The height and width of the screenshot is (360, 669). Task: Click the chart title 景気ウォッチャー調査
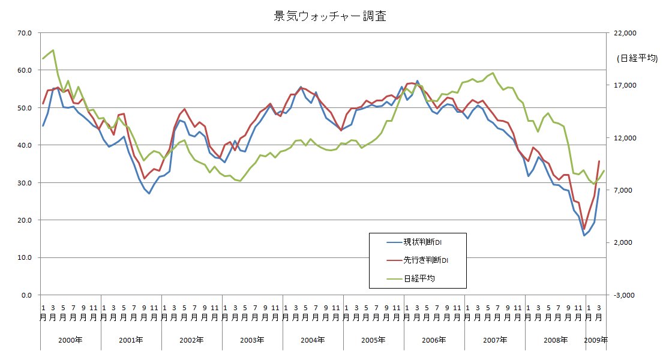[329, 16]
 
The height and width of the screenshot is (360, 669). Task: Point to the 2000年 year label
[70, 340]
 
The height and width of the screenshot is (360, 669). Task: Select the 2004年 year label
[313, 340]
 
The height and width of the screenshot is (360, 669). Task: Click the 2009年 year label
[596, 340]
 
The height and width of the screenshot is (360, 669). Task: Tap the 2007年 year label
[494, 340]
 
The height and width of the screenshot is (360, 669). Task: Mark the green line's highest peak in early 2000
[53, 50]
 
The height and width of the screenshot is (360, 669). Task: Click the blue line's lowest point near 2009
[584, 235]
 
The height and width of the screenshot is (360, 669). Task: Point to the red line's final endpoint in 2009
[599, 161]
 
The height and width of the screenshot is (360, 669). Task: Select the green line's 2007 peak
[493, 73]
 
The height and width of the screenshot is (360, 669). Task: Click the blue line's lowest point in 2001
[149, 193]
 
